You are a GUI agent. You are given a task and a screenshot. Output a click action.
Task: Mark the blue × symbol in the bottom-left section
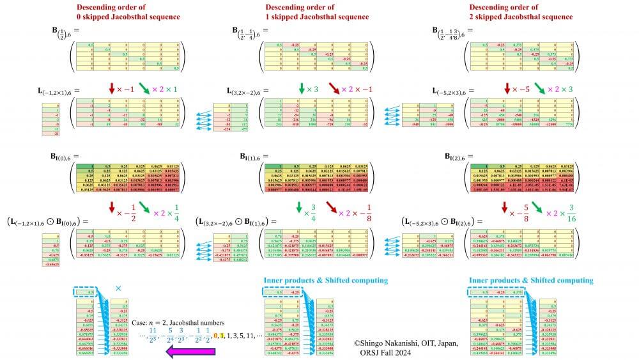pos(118,288)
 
